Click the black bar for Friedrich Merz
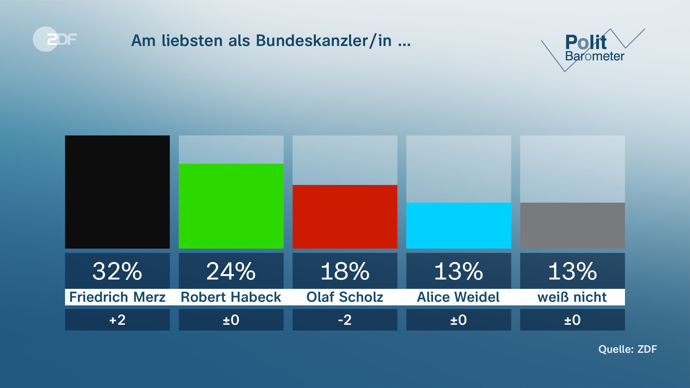coord(117,192)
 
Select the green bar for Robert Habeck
coord(231,206)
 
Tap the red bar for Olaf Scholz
coord(345,217)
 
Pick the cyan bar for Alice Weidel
coord(459,225)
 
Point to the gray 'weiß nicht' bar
coord(572,225)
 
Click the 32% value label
coord(117,271)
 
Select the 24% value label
coord(231,271)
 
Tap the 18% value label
coord(345,271)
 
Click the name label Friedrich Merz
coord(117,297)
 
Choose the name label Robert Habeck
coord(231,297)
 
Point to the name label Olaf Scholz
coord(345,297)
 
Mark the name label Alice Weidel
coord(458,297)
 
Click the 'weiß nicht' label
coord(572,297)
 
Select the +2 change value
coord(117,320)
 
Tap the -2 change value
coord(345,320)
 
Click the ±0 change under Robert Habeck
coord(231,320)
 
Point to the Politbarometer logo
coord(593,48)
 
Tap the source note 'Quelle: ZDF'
coord(627,349)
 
